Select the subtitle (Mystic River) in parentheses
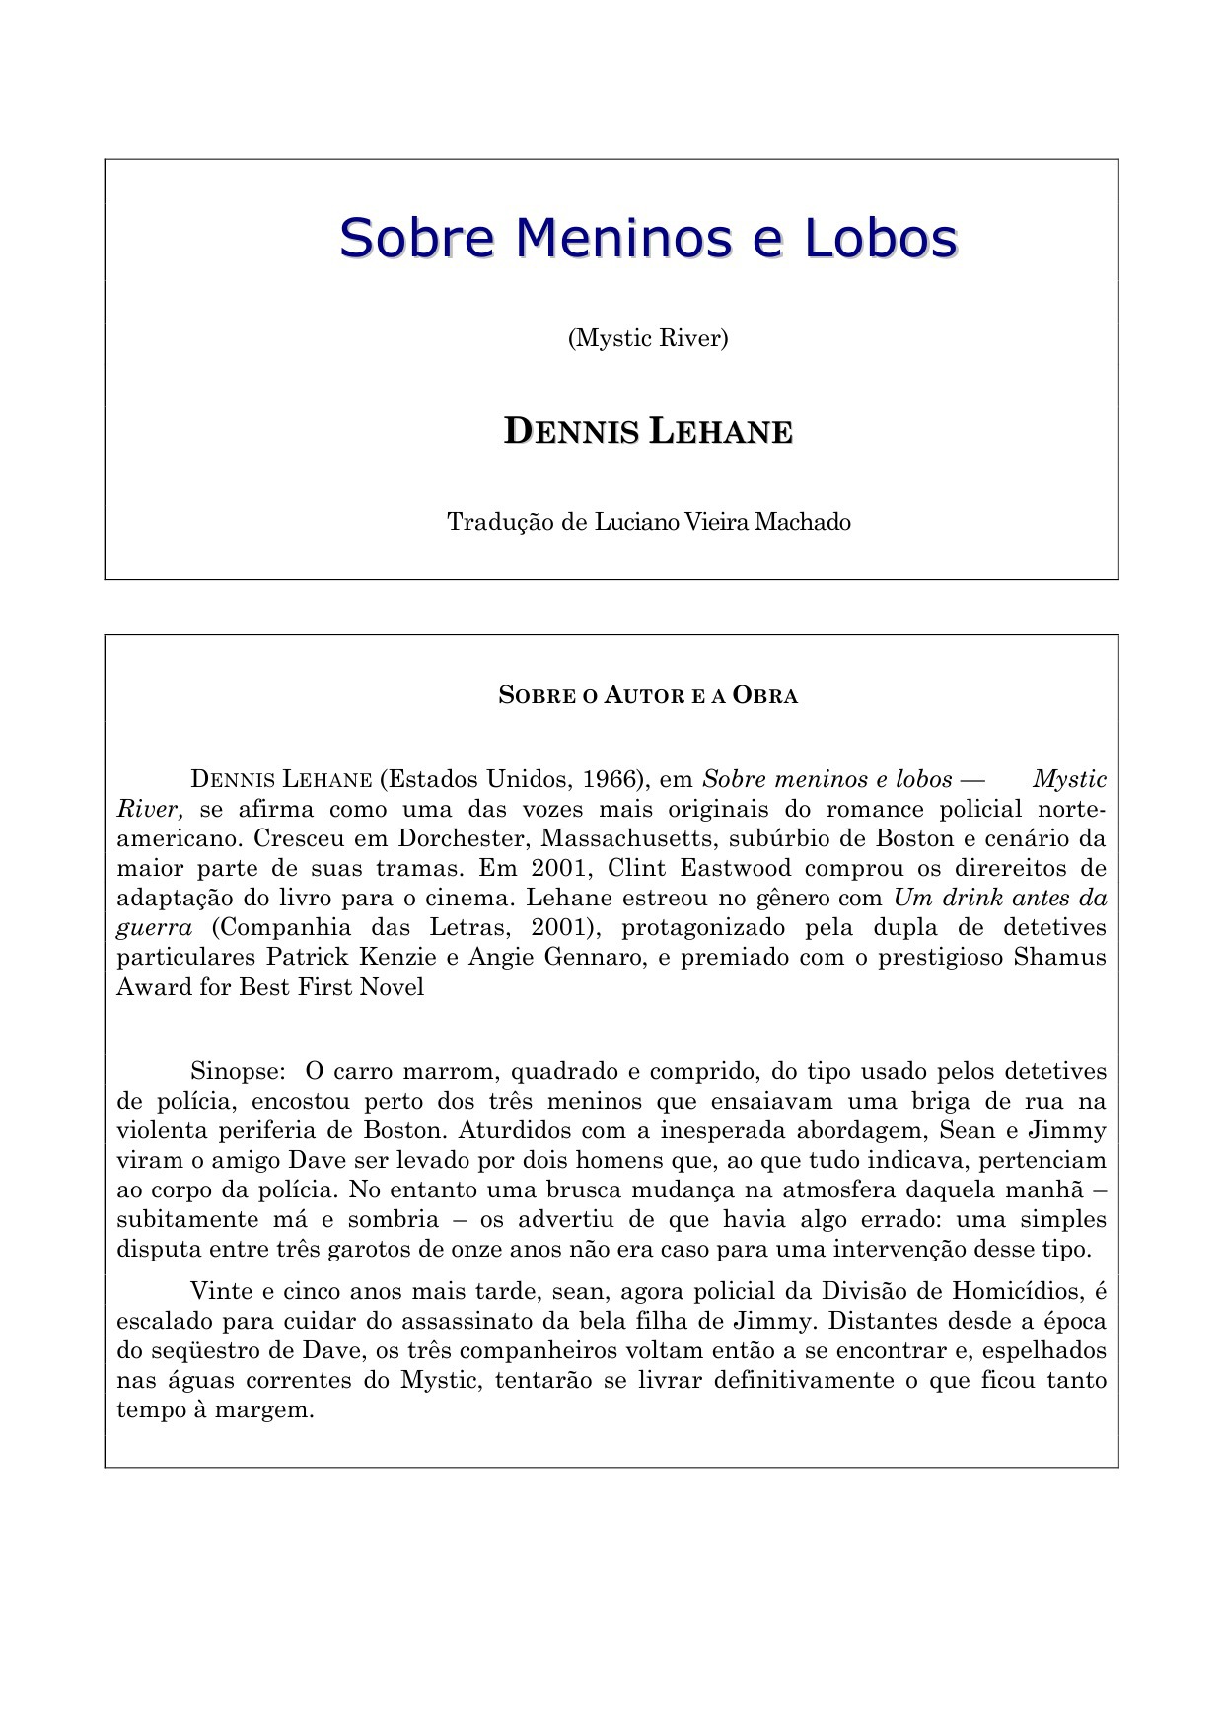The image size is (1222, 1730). pos(648,338)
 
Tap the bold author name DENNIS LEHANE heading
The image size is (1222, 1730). pos(648,432)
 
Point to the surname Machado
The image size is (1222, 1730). pos(802,521)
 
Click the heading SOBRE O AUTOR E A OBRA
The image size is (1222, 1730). pos(648,695)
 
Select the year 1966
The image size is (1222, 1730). pos(612,779)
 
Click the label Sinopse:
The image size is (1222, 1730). pos(238,1071)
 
